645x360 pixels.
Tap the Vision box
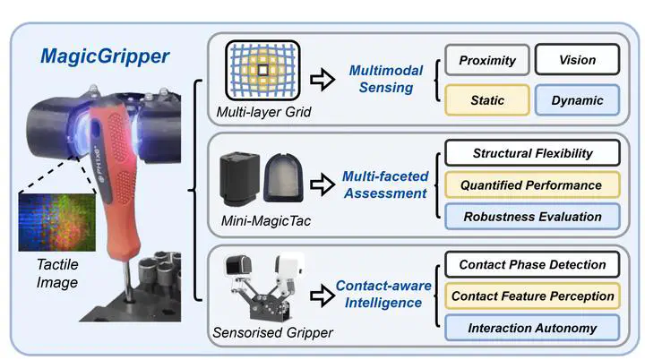click(578, 60)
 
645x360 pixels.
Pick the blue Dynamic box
click(578, 100)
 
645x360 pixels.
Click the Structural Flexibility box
click(532, 153)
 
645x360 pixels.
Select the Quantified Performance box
click(532, 184)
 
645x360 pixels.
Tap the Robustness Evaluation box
click(532, 215)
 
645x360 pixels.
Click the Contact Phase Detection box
click(532, 265)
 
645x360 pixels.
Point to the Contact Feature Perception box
click(532, 296)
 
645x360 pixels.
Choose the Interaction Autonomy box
click(532, 328)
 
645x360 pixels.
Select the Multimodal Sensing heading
click(383, 80)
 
